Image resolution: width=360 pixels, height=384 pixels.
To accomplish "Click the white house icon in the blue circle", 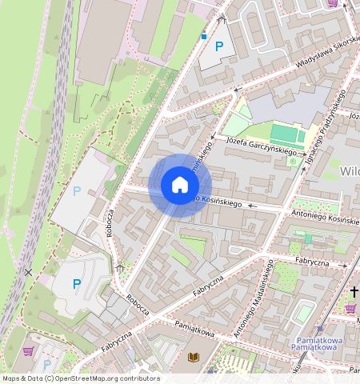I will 180,185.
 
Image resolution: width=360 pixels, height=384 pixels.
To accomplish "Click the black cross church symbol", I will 354,293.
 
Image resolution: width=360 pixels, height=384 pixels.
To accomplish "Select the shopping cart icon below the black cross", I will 350,309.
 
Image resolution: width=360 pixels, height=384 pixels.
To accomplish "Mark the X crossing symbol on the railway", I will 29,273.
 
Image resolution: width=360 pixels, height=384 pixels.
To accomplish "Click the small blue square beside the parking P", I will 203,37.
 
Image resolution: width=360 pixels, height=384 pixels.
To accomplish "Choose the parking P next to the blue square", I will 218,46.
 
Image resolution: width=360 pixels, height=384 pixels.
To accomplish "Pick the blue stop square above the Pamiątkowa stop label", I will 319,329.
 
